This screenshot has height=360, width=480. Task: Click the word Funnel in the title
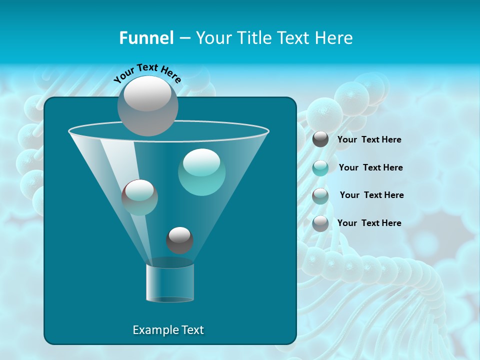coord(146,38)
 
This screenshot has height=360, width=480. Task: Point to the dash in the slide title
coord(184,38)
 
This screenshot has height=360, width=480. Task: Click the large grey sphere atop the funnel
coord(147,105)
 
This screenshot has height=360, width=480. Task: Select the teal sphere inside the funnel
coord(201,172)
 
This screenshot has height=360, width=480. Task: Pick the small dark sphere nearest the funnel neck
coord(179,240)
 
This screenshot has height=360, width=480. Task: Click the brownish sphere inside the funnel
coord(139,197)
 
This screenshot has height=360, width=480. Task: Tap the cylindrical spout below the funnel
coord(170,283)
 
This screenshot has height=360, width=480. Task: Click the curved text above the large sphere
coord(147,73)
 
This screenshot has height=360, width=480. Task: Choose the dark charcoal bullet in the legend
coord(320,139)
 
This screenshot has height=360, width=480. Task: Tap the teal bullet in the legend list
coord(320,168)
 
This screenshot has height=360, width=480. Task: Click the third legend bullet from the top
coord(320,196)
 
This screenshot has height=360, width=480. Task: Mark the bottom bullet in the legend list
coord(320,223)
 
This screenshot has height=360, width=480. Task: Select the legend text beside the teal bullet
coord(370,167)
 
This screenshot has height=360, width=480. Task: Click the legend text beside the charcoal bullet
coord(369,139)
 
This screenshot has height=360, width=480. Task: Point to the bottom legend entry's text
coord(369,223)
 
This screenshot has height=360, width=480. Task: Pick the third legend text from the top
coord(371,195)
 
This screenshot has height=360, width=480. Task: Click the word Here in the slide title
coord(334,38)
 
